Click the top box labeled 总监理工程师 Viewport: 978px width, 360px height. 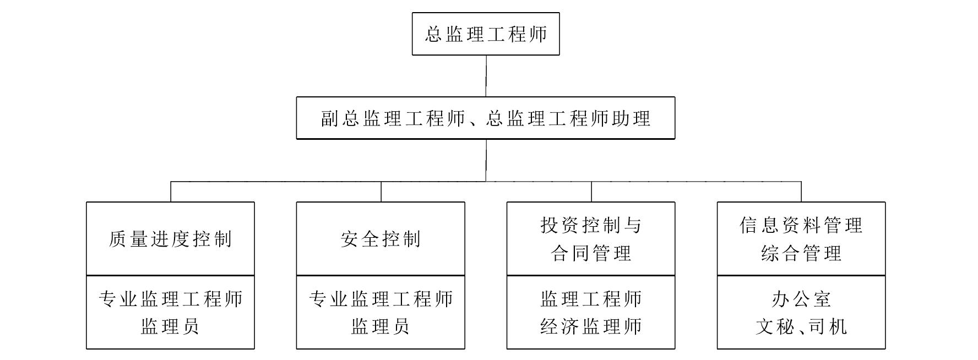click(486, 34)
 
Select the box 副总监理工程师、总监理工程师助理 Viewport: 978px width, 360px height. click(486, 118)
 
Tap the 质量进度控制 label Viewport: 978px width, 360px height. click(170, 239)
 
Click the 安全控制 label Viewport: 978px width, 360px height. click(381, 239)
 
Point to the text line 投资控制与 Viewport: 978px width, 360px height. click(591, 225)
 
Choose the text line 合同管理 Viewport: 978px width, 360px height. click(591, 253)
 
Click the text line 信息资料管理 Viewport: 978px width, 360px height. click(801, 225)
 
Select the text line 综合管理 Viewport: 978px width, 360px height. click(801, 253)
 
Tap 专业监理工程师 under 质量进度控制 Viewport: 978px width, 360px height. click(170, 299)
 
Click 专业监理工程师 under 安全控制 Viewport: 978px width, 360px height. click(381, 299)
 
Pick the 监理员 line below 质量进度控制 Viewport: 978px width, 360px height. click(170, 326)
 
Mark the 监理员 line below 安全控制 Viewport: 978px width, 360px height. click(381, 326)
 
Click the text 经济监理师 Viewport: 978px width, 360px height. click(591, 326)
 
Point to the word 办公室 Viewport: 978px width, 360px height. click(801, 299)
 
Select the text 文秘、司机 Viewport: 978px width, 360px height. click(801, 326)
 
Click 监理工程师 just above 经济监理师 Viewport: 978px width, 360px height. click(591, 299)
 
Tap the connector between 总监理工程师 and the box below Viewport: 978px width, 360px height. click(486, 76)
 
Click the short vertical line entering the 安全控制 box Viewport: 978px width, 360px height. click(381, 192)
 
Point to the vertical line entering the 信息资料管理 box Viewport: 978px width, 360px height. click(801, 192)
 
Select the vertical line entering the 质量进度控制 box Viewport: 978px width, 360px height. click(171, 192)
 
